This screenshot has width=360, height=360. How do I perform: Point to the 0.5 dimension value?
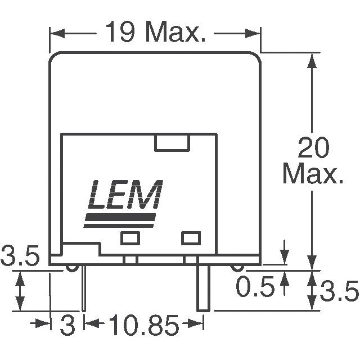coord(254,287)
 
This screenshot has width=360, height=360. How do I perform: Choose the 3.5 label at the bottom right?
coord(339,291)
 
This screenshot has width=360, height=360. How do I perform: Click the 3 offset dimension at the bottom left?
coord(67,326)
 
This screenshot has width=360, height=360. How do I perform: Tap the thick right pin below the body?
coord(203,287)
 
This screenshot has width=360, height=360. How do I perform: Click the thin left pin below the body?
coord(84,287)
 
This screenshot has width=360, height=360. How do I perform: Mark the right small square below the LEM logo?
coord(191,238)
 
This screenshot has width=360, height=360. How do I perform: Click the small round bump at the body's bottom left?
coord(71,268)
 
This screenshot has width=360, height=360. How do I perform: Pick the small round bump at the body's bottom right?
coord(238,268)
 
